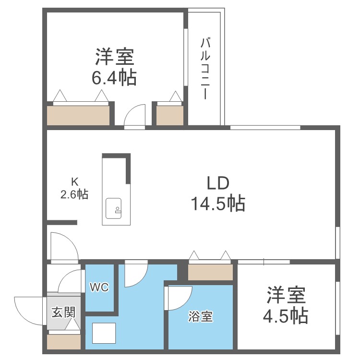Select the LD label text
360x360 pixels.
click(x=218, y=183)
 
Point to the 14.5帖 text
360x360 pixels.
click(x=218, y=204)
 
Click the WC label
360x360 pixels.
click(x=100, y=288)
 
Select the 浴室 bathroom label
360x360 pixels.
click(x=201, y=317)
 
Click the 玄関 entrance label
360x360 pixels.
click(x=63, y=312)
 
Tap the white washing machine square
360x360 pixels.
click(x=104, y=334)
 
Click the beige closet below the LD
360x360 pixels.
click(x=210, y=272)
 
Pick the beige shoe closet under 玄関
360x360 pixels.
click(x=64, y=341)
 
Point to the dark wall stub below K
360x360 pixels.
click(x=62, y=222)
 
